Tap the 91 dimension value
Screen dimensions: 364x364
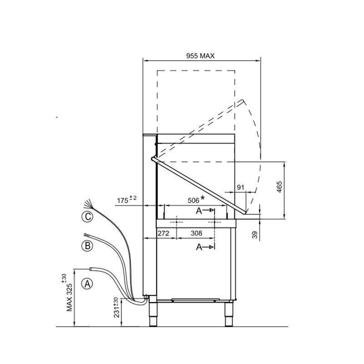tap(241, 187)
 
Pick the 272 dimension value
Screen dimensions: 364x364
tap(163, 233)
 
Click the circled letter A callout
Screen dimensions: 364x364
tap(87, 284)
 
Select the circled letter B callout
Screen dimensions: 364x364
tap(87, 246)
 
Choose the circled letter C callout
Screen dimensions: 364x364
tap(87, 217)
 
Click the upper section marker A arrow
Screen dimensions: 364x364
tap(205, 211)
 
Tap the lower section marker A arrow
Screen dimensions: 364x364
tap(205, 247)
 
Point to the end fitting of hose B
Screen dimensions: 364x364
tap(86, 235)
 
